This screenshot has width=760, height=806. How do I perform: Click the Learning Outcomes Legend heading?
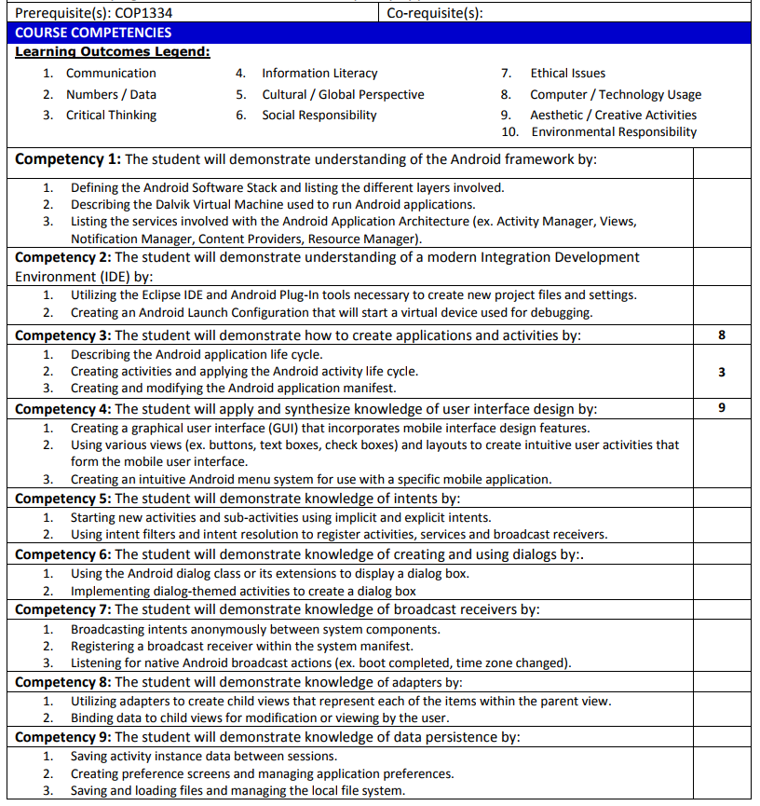coord(112,52)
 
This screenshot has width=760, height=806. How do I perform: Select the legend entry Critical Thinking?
coord(111,116)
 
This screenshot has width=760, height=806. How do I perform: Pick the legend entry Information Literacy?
coord(319,74)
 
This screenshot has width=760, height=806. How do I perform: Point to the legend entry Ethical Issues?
coord(567,74)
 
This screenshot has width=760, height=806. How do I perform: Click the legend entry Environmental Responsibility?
coord(614,132)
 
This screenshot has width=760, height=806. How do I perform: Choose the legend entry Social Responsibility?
coord(319,116)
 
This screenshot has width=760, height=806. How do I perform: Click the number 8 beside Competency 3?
coord(722,335)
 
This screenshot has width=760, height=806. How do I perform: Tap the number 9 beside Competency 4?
coord(722,408)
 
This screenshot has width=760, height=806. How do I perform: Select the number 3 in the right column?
coord(722,372)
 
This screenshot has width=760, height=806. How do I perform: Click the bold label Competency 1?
coord(68,159)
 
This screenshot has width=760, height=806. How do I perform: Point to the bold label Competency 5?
coord(62,499)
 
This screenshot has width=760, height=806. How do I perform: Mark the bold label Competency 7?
coord(62,610)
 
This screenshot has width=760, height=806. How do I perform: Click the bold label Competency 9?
coord(62,737)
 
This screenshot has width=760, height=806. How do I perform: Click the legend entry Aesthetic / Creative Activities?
coord(613,116)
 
